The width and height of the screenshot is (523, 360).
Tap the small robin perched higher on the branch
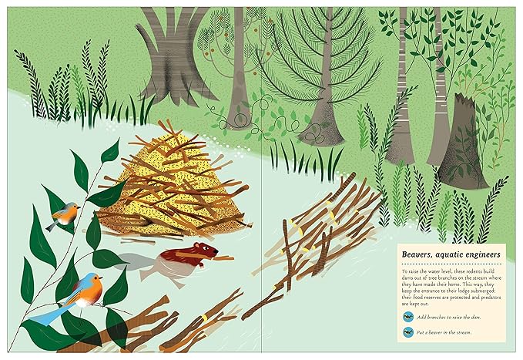pos(63,215)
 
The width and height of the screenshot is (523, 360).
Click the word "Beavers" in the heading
pos(420,254)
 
